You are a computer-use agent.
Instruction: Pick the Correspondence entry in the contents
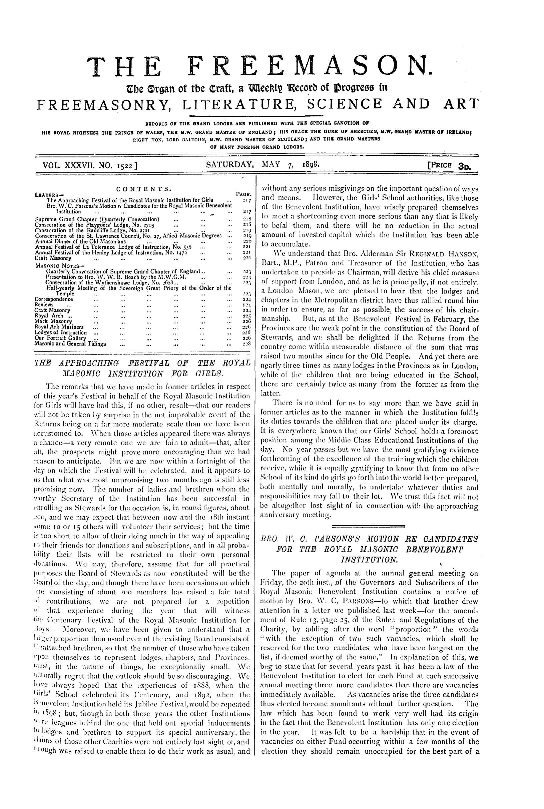(54, 299)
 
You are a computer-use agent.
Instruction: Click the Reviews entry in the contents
(44, 304)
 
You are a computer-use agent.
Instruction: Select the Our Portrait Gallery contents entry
(60, 338)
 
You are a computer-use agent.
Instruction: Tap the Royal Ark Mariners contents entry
(59, 327)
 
